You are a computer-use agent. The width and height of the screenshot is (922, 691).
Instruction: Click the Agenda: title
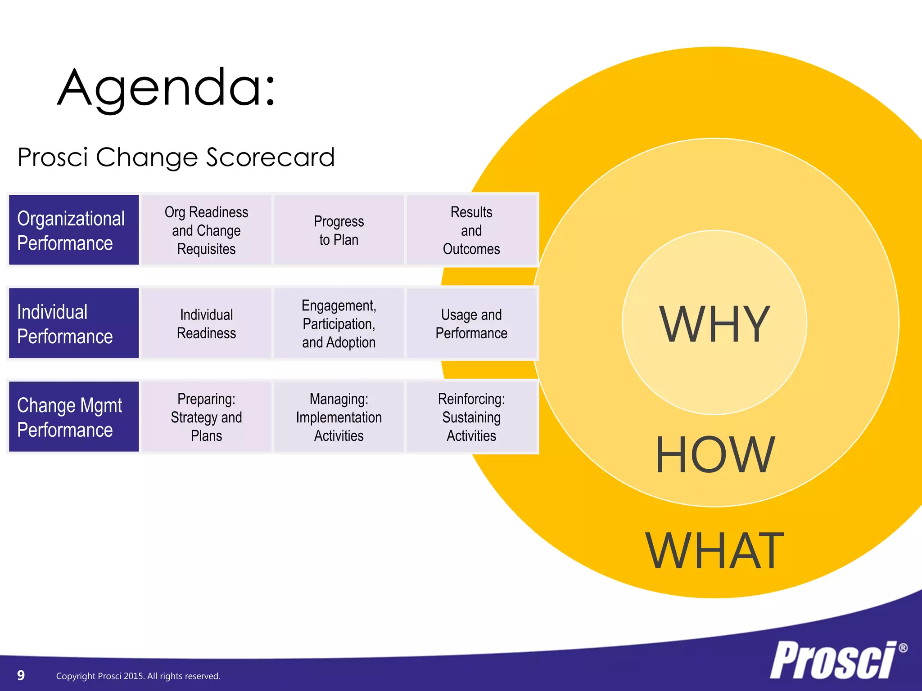(167, 88)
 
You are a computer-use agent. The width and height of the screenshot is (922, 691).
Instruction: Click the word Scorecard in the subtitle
(270, 157)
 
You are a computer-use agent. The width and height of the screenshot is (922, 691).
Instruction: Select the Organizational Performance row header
(74, 230)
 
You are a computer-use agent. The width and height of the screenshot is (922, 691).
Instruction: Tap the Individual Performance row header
(74, 323)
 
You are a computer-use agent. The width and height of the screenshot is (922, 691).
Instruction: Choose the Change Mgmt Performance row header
(74, 417)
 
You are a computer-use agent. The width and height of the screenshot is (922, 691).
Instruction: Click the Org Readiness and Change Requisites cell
(206, 230)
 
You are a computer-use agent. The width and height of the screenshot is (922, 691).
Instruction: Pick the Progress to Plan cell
(339, 230)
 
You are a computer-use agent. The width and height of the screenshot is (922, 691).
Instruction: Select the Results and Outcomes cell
(471, 230)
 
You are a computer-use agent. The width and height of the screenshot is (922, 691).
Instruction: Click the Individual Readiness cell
(206, 323)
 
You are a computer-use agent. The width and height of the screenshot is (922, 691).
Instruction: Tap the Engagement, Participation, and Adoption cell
(339, 323)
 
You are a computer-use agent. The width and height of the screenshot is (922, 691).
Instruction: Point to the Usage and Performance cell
(471, 323)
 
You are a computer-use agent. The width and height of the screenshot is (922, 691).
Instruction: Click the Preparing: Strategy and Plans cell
(206, 417)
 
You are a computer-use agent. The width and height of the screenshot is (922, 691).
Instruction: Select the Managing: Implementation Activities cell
(339, 417)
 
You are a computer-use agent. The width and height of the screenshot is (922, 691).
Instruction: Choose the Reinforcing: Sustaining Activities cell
(471, 417)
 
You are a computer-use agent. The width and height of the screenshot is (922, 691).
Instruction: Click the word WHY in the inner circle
(714, 324)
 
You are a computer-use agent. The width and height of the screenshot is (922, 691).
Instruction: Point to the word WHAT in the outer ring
(714, 551)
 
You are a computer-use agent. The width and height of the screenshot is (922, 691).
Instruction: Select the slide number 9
(21, 675)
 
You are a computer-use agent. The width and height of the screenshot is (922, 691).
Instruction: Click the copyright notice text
(138, 676)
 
